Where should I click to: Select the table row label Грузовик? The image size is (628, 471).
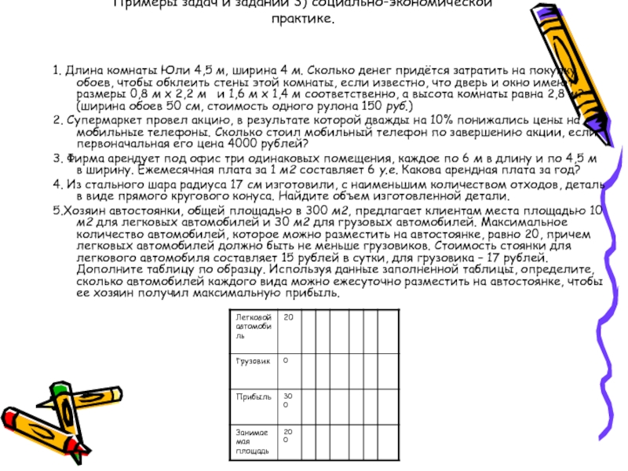click(x=250, y=361)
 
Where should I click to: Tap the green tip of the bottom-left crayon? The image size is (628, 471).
click(x=58, y=389)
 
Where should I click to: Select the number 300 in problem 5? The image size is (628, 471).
click(x=310, y=210)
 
